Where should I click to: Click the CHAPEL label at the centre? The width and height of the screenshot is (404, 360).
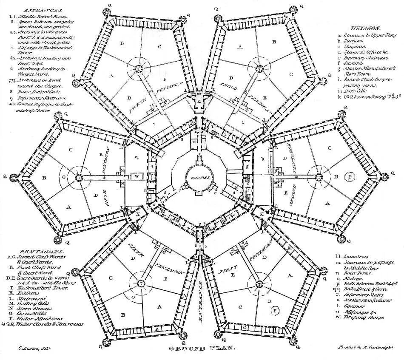pyautogui.click(x=199, y=177)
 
